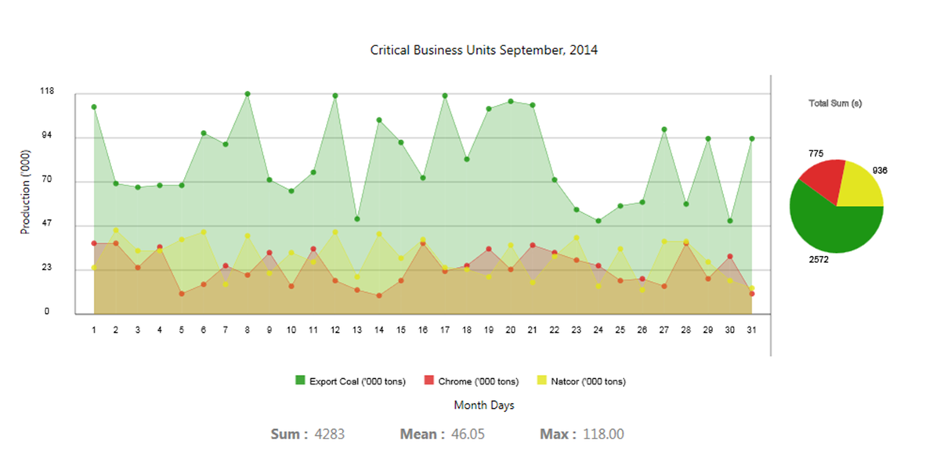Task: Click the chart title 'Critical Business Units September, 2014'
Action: pos(483,50)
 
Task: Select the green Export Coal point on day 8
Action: pos(248,94)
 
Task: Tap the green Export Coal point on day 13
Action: pos(357,218)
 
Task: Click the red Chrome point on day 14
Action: pos(379,295)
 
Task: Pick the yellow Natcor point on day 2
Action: pos(116,231)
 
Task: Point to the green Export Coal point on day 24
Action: pos(598,221)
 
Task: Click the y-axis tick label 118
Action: pos(47,92)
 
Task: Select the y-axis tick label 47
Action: pos(47,225)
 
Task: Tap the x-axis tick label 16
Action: pos(423,330)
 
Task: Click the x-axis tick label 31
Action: pos(752,330)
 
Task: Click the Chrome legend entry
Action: pos(471,381)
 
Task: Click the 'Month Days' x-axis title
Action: pos(484,406)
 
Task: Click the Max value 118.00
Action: pos(603,434)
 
